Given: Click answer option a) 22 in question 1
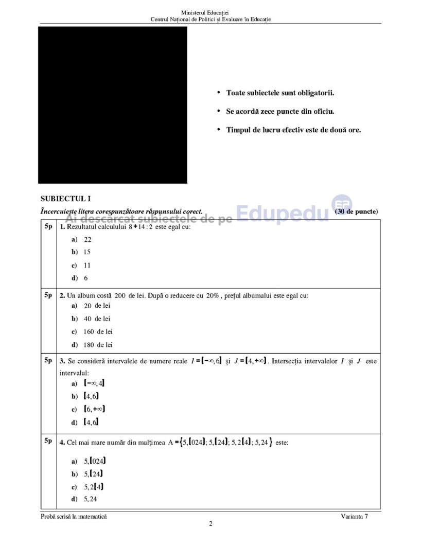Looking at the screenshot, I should (81, 239).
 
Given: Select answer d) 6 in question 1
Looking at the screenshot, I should (80, 278).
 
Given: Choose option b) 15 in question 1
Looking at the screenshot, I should (81, 252).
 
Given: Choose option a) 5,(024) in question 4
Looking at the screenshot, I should (90, 461).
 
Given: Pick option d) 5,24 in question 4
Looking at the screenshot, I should (84, 499).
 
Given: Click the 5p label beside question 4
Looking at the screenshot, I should (48, 441).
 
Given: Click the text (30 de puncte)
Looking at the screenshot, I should (356, 212).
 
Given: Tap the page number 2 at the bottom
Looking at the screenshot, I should (210, 524).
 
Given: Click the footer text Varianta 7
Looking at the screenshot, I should (354, 516).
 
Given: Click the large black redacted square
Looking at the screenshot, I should (113, 105).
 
